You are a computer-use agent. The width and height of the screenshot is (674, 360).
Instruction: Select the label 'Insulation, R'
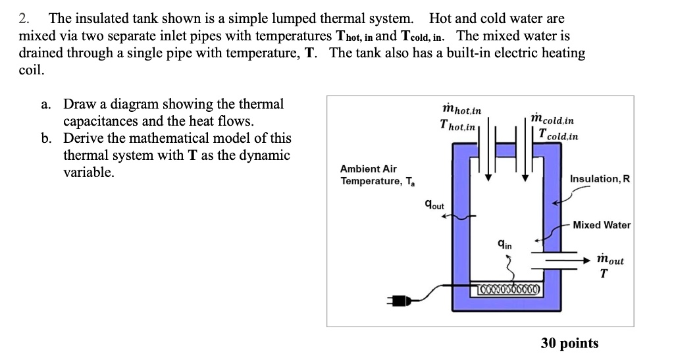[600, 179]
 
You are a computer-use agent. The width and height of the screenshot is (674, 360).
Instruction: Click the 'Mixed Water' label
[602, 225]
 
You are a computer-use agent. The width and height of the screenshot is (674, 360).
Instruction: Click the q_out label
[435, 206]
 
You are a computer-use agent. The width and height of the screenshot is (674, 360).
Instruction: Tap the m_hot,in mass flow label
[462, 109]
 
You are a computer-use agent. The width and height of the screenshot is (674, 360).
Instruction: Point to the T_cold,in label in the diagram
[557, 136]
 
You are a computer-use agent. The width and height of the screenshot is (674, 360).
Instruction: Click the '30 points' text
[570, 343]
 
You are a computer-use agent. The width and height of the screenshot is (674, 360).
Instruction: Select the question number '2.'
[25, 19]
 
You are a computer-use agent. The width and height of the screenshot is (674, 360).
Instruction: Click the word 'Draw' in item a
[79, 105]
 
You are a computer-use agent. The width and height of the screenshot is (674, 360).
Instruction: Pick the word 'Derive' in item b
[85, 139]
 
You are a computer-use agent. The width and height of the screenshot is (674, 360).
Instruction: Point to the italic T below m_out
[604, 275]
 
